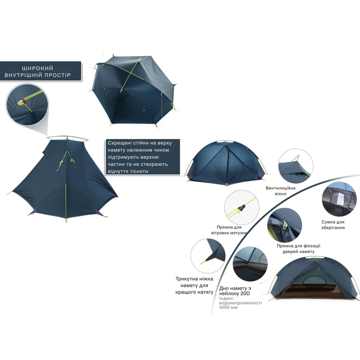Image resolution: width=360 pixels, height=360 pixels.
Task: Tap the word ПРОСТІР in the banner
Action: [58, 76]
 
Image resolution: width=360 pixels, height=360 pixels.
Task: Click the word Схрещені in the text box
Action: [119, 143]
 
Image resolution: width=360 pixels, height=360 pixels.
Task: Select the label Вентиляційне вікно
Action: [281, 191]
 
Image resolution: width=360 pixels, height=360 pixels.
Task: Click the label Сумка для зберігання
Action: [333, 225]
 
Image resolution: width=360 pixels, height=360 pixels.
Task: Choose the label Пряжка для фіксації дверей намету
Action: [298, 249]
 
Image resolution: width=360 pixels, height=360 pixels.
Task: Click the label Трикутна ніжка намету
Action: [194, 279]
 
